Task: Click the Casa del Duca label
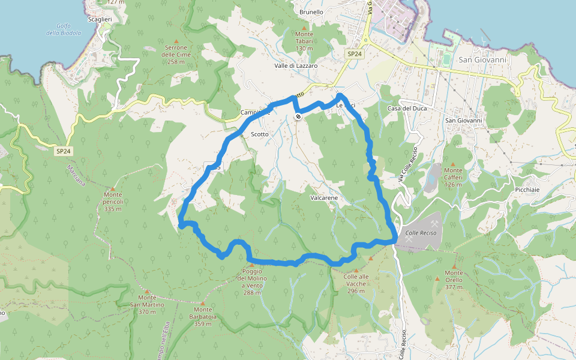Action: tap(406, 108)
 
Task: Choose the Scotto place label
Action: tap(260, 134)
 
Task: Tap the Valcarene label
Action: tap(324, 197)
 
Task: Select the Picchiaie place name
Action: tap(527, 190)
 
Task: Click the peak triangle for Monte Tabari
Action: tap(304, 27)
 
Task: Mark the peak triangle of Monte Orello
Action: tap(454, 266)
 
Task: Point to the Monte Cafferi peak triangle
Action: tap(453, 163)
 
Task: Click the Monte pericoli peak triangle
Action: tap(112, 188)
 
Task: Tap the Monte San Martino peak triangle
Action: tap(146, 290)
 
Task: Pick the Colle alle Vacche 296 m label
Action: tap(356, 284)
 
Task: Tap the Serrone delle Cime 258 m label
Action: tap(176, 55)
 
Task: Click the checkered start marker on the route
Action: tap(298, 116)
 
